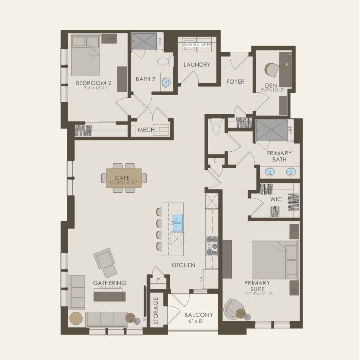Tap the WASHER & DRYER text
tap(197, 44)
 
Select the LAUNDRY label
tap(197, 65)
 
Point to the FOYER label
tap(235, 81)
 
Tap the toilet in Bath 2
tap(164, 62)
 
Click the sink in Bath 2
tap(165, 81)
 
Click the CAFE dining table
tap(123, 178)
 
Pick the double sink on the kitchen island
tap(177, 223)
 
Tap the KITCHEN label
tap(183, 265)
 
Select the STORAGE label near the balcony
tap(156, 310)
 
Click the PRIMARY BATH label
tap(279, 156)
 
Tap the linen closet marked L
tap(215, 160)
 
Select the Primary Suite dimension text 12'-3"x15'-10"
tap(257, 293)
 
